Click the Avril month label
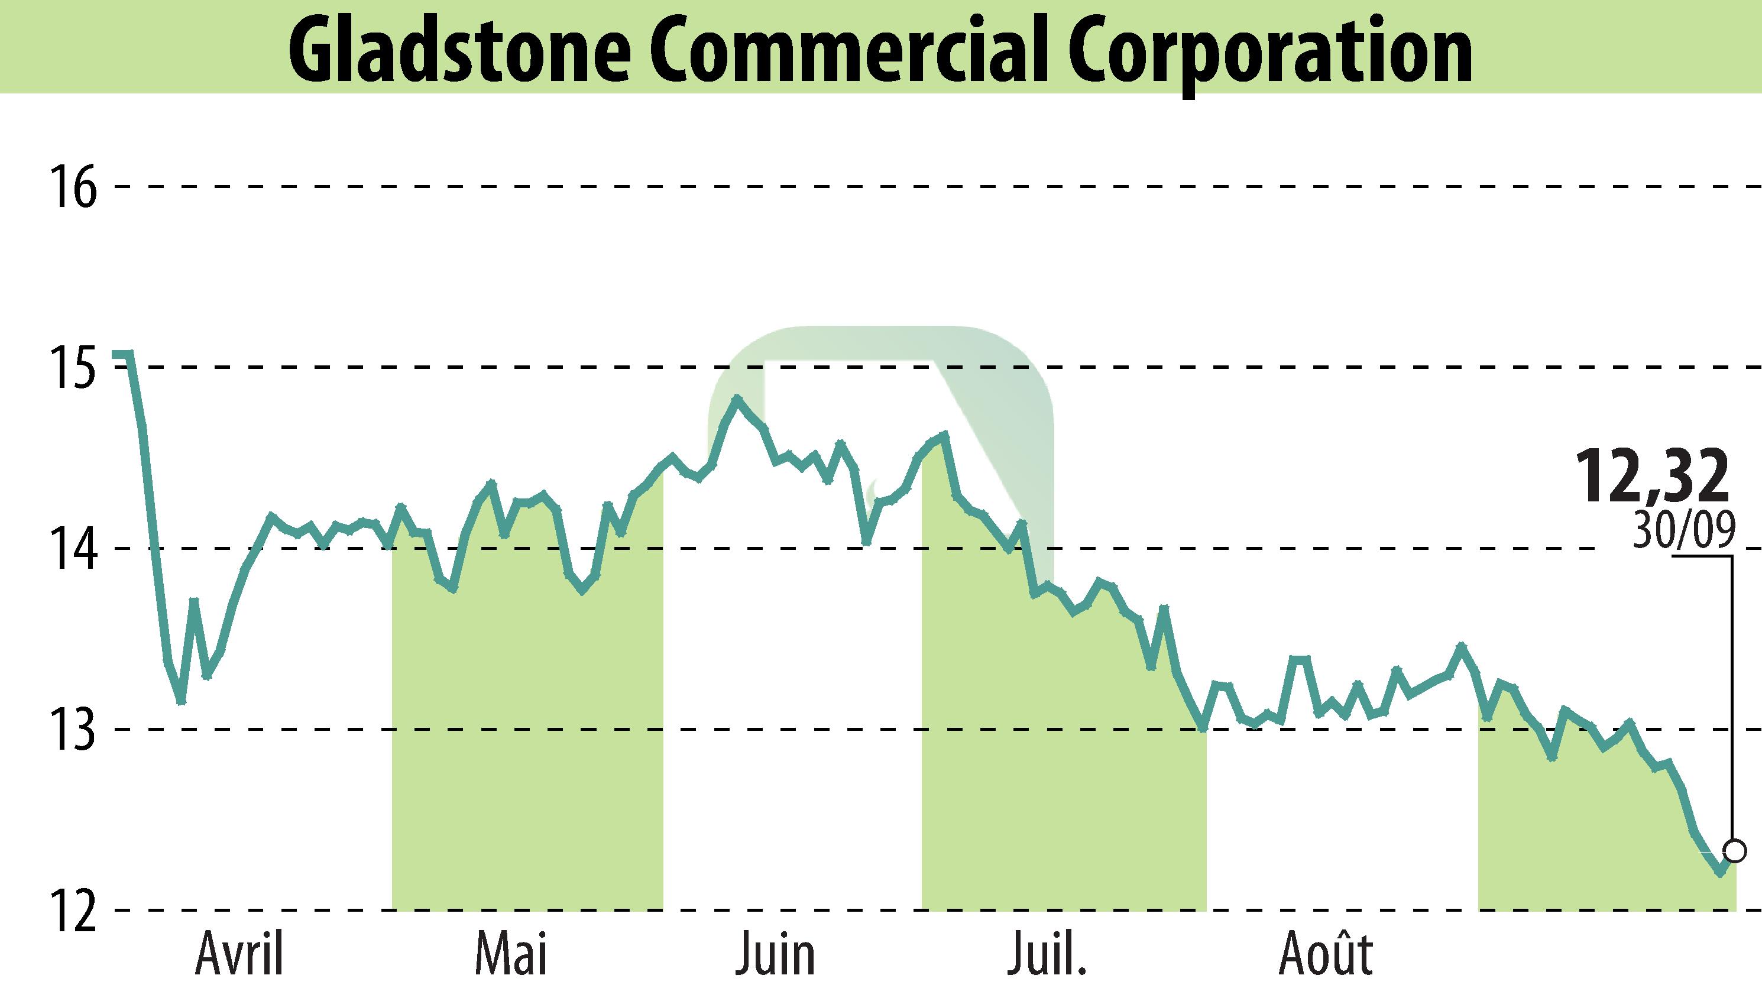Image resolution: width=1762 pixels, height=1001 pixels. tap(240, 954)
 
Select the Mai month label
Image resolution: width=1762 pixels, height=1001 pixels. tap(511, 954)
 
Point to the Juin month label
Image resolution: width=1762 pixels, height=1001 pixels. tap(776, 954)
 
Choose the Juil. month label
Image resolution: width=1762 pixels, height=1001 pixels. tap(1047, 954)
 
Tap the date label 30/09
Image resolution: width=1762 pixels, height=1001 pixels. tap(1683, 531)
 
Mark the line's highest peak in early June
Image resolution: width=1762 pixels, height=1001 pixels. tap(737, 398)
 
